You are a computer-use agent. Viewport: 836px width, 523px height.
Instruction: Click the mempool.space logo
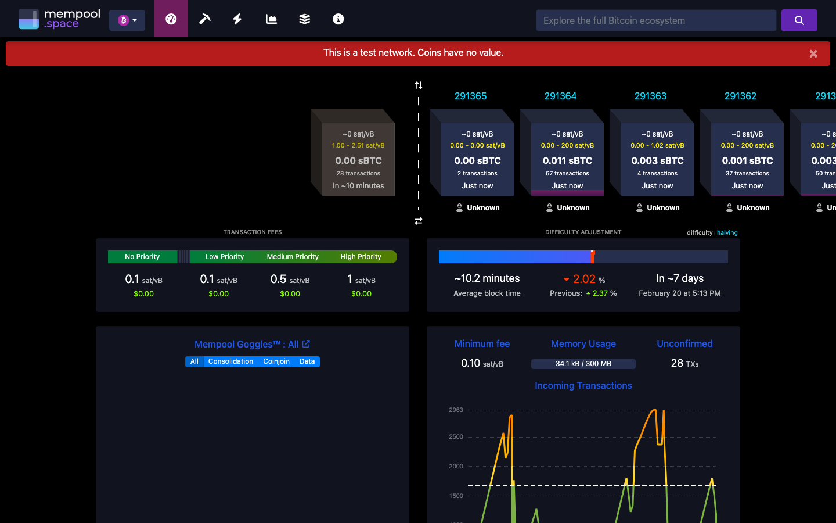59,19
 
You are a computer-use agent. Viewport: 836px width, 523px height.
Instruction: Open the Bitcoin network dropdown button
127,20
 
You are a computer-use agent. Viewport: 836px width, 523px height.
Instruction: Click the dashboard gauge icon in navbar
171,19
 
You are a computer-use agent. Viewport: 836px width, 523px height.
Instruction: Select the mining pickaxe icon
204,19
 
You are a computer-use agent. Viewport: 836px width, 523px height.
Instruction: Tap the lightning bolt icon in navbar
237,19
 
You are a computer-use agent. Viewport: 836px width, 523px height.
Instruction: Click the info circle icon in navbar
338,19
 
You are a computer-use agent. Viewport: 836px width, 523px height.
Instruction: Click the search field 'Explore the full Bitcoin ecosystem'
655,20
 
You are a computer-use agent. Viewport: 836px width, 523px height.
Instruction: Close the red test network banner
813,53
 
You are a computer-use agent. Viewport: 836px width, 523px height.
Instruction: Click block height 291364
560,96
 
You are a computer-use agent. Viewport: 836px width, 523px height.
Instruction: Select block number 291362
740,96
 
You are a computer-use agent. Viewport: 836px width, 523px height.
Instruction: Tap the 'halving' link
727,232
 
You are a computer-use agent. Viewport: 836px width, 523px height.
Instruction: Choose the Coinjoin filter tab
276,361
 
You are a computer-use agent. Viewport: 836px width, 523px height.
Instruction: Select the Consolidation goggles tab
230,361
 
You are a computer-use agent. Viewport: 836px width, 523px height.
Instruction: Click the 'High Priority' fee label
361,257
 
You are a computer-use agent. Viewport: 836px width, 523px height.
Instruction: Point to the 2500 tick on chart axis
456,436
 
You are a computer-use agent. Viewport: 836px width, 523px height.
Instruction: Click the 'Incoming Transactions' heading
583,385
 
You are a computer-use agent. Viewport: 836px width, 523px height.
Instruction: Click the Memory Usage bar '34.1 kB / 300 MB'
583,364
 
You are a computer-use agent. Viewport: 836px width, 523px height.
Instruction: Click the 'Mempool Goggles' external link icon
306,344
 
